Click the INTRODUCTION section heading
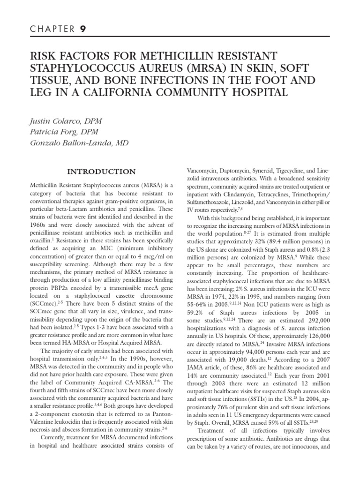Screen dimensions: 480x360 tap(101, 172)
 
